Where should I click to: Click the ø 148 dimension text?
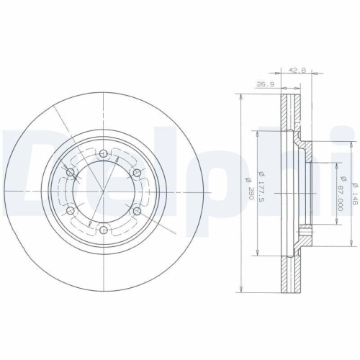click(354, 189)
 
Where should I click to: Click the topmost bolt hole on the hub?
click(104, 153)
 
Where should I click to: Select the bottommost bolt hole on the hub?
click(104, 230)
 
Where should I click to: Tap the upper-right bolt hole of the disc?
click(138, 172)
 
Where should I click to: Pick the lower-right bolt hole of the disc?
click(138, 210)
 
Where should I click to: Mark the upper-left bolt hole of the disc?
click(71, 172)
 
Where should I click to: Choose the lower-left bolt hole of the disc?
click(71, 210)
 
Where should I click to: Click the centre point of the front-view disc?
click(104, 192)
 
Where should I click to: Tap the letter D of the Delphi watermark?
click(22, 169)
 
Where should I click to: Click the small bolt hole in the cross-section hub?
click(306, 231)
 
